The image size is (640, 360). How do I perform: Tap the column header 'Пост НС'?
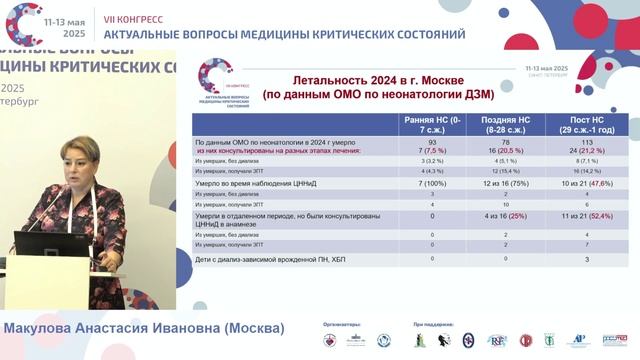pyautogui.click(x=578, y=124)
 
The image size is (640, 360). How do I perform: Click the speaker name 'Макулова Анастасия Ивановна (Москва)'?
pyautogui.click(x=144, y=328)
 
